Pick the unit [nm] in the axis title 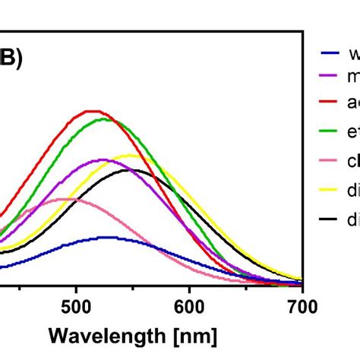click(192, 335)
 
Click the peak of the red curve click(91, 111)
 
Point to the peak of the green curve click(103, 118)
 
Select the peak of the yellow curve click(130, 155)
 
